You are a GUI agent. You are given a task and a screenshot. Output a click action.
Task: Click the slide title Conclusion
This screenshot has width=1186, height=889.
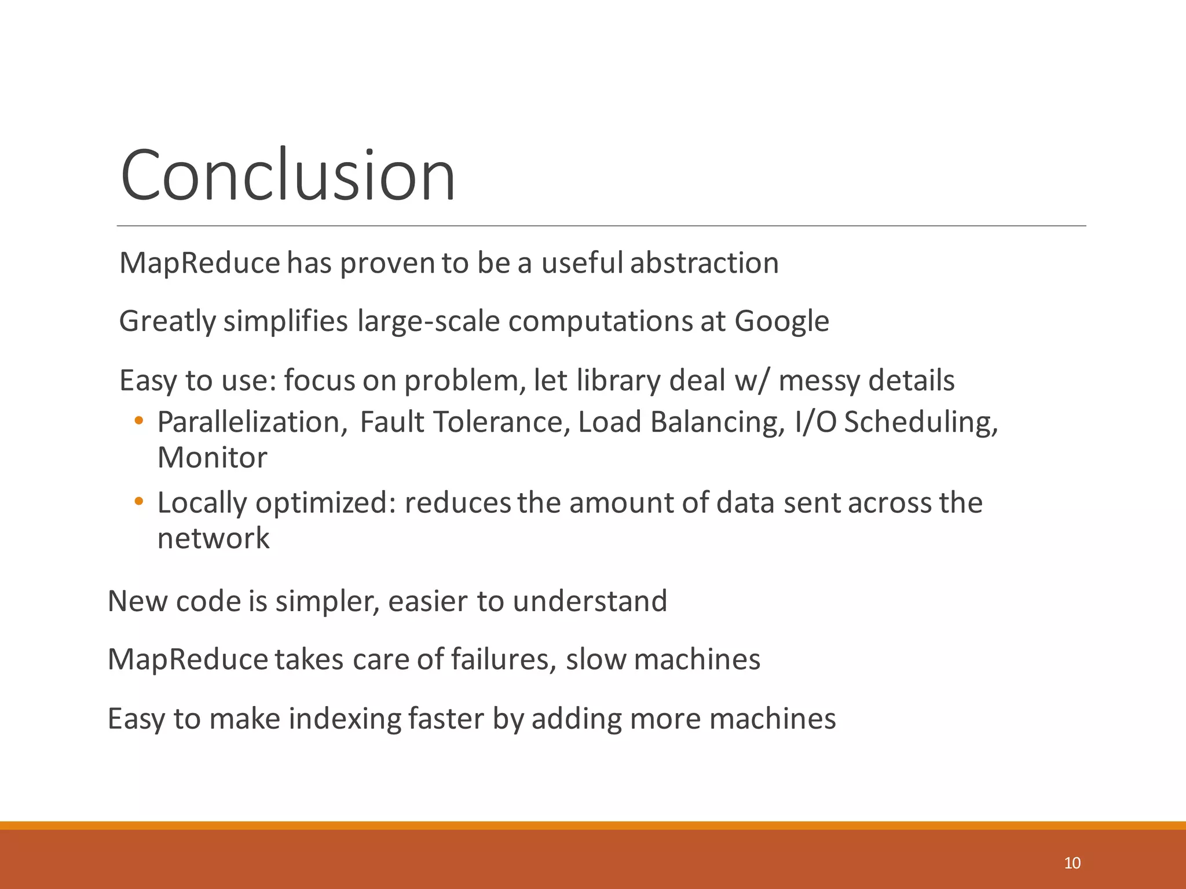click(x=288, y=175)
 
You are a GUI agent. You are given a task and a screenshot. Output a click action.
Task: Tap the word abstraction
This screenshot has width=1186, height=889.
click(x=704, y=263)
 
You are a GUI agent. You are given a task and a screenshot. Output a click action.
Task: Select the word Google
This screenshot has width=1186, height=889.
click(x=782, y=322)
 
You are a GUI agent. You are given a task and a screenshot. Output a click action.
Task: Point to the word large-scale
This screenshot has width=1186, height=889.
click(x=429, y=322)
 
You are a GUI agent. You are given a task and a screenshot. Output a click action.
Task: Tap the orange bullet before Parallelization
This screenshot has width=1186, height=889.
click(x=138, y=421)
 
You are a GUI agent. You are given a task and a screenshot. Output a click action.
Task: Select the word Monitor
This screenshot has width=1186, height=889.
click(x=213, y=458)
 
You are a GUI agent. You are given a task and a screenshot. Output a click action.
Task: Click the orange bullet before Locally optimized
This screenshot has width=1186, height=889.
click(x=138, y=501)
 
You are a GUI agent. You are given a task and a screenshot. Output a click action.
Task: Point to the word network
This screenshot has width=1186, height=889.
click(x=214, y=539)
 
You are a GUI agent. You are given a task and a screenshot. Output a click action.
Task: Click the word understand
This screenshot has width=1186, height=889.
click(x=590, y=601)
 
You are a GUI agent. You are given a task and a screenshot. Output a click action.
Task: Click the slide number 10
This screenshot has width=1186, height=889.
click(x=1072, y=863)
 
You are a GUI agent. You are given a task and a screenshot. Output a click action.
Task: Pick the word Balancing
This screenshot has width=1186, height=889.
click(x=718, y=422)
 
